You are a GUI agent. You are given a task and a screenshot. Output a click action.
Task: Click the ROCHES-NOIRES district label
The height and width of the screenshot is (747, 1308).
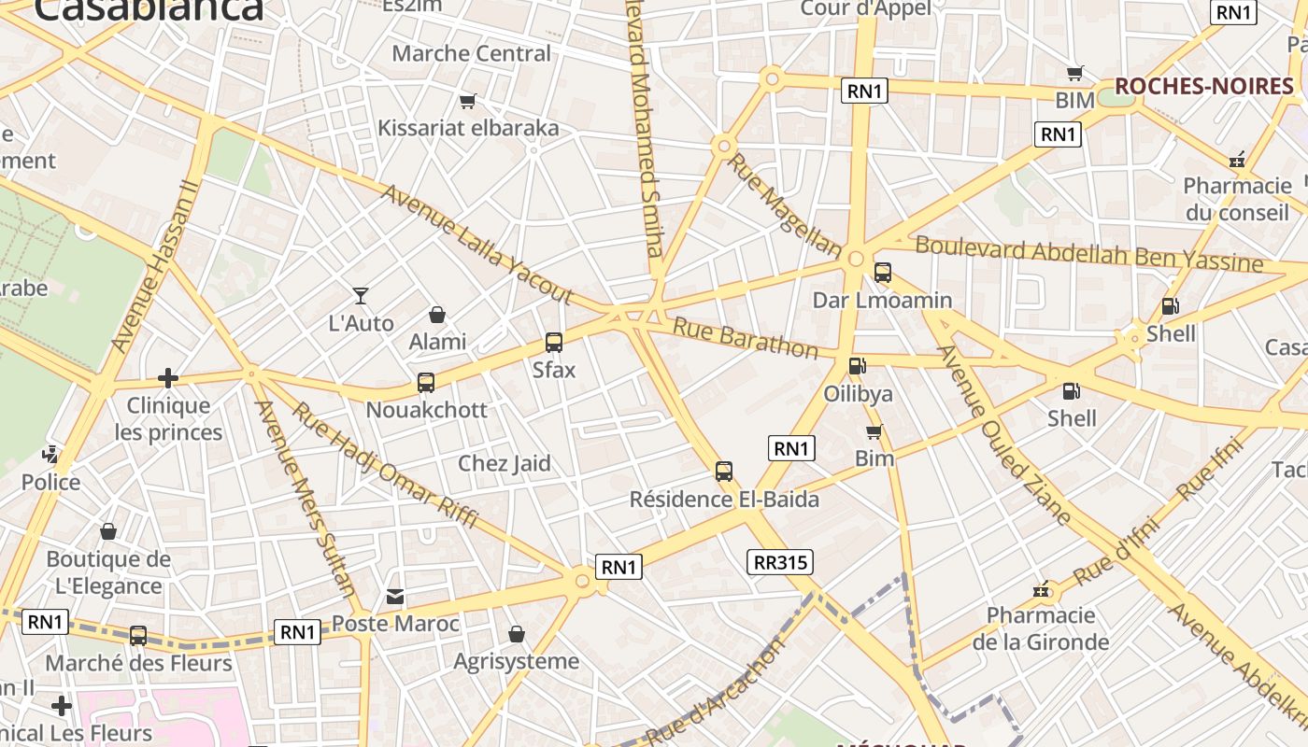coord(1203,87)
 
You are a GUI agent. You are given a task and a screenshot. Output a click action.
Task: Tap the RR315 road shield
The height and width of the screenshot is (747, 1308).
coord(780,562)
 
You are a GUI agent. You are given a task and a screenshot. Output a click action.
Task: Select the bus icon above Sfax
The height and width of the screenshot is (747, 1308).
coord(554,343)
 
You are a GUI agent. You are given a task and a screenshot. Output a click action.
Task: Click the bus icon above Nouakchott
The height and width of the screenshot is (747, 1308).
coord(426,382)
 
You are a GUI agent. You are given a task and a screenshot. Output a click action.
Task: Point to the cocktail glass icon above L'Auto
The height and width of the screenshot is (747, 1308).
coord(361,296)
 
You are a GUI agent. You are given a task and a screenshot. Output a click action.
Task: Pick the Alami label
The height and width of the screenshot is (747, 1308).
coord(437,342)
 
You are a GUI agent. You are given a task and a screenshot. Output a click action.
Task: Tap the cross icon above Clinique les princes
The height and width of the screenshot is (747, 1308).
coord(168,377)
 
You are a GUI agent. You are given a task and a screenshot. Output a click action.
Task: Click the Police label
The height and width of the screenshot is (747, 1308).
coord(51,482)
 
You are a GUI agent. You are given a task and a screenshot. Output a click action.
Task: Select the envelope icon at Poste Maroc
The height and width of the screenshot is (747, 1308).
coord(395,596)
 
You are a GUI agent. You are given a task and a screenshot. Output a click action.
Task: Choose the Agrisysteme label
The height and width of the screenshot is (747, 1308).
coord(516,661)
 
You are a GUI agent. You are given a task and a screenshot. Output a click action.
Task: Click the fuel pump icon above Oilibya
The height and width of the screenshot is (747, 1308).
coord(857,366)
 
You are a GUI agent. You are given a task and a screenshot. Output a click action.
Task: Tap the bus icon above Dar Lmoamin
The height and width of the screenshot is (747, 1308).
coord(882,273)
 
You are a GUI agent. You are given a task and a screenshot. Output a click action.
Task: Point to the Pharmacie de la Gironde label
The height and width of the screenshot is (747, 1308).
coord(1041,628)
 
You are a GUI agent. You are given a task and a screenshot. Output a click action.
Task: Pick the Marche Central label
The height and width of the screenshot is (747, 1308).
coord(471,53)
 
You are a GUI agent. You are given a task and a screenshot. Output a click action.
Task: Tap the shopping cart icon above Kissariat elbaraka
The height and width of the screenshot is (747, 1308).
coord(467,101)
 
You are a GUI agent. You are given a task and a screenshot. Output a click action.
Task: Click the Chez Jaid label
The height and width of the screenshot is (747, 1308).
coord(504,463)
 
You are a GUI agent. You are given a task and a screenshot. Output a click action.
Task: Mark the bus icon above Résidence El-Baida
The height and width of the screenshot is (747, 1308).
coord(724,472)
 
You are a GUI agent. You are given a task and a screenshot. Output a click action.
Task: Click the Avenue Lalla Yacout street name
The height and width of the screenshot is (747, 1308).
coord(476,244)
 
